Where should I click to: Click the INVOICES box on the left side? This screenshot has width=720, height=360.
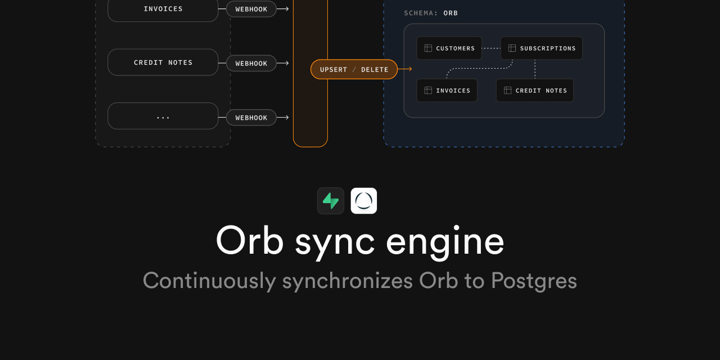pyautogui.click(x=163, y=9)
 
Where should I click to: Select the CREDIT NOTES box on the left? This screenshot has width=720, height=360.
pyautogui.click(x=163, y=62)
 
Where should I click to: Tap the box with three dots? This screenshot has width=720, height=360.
pyautogui.click(x=163, y=116)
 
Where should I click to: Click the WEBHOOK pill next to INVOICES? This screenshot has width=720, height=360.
pyautogui.click(x=251, y=9)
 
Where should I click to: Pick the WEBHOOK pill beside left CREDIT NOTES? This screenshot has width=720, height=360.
pyautogui.click(x=251, y=63)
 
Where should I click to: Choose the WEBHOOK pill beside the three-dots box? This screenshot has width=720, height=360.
pyautogui.click(x=251, y=118)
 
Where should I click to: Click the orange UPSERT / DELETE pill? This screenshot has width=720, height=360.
pyautogui.click(x=354, y=69)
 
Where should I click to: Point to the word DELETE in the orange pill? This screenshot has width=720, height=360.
pyautogui.click(x=375, y=70)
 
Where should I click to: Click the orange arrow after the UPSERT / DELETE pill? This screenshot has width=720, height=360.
pyautogui.click(x=405, y=69)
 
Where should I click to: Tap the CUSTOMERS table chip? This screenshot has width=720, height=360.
pyautogui.click(x=449, y=48)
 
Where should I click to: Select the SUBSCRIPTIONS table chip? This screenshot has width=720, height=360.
pyautogui.click(x=541, y=48)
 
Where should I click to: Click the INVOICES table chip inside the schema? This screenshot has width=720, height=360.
pyautogui.click(x=447, y=91)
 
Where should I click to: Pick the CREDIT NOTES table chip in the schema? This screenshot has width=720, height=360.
pyautogui.click(x=534, y=91)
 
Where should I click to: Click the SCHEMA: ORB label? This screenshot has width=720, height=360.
pyautogui.click(x=431, y=13)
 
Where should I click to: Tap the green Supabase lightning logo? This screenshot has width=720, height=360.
pyautogui.click(x=331, y=201)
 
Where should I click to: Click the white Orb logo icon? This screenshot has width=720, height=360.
pyautogui.click(x=364, y=201)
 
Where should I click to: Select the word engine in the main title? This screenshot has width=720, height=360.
pyautogui.click(x=445, y=241)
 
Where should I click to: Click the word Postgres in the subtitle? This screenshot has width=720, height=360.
pyautogui.click(x=534, y=280)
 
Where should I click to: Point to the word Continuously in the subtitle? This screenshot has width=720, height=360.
pyautogui.click(x=209, y=280)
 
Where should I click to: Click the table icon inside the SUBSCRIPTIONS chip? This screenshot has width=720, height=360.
pyautogui.click(x=512, y=48)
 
